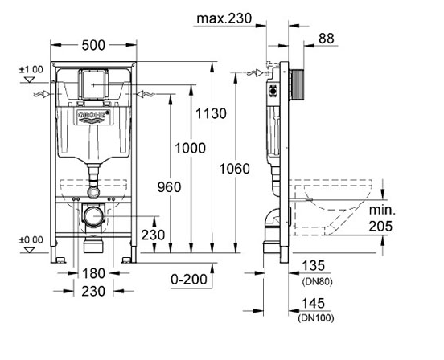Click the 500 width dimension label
point(93,45)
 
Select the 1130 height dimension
point(212,114)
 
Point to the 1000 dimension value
point(191,148)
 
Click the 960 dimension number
point(169,187)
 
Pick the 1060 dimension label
point(234,169)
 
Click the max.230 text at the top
point(224,18)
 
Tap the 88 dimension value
point(327,39)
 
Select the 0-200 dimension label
point(189,280)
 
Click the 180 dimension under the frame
point(93,273)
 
